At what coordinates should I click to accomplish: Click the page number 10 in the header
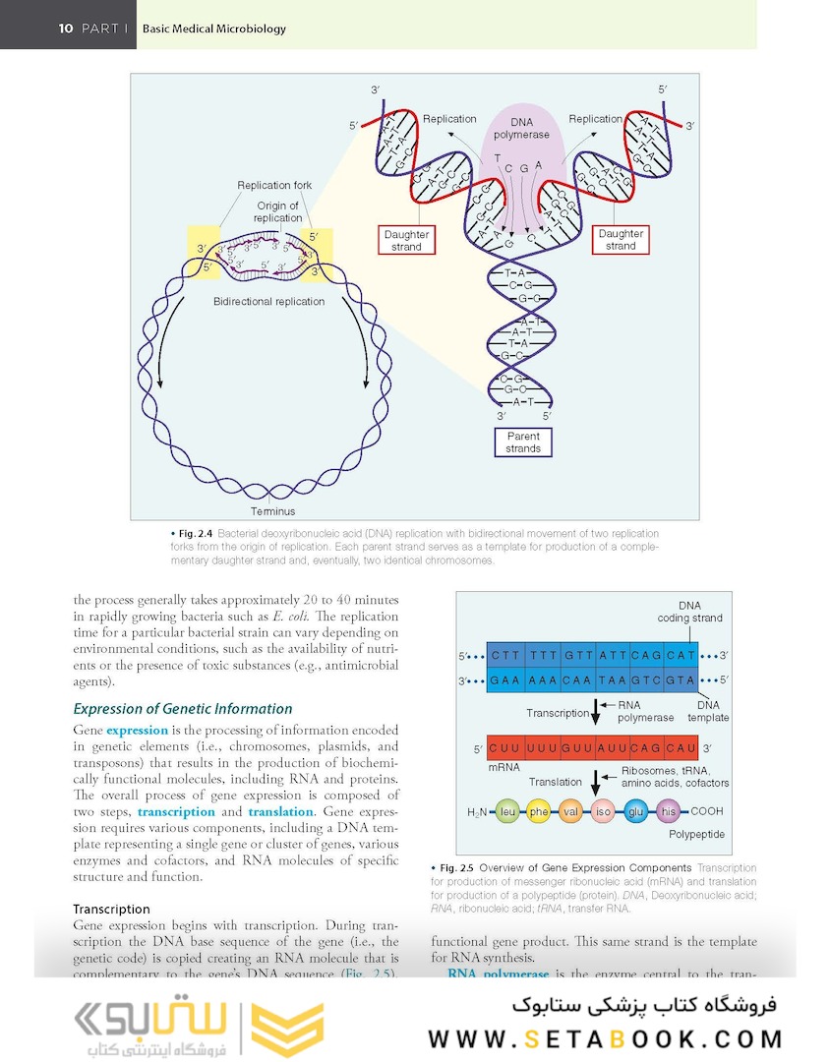[x=65, y=29]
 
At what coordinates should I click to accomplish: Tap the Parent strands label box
[x=523, y=442]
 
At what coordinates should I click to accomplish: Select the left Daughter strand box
[x=406, y=240]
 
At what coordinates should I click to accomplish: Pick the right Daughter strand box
[x=621, y=240]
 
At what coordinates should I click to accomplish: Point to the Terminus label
[x=272, y=511]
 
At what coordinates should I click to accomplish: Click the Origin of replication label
[x=278, y=211]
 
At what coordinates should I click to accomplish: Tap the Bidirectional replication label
[x=268, y=301]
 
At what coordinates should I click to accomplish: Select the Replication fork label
[x=274, y=185]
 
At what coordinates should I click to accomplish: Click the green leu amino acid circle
[x=507, y=812]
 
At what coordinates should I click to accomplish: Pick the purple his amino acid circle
[x=669, y=812]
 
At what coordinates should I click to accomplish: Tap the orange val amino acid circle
[x=571, y=812]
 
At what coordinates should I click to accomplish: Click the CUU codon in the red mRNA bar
[x=504, y=748]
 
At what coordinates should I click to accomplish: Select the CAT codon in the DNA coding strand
[x=681, y=655]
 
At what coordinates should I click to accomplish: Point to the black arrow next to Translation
[x=594, y=782]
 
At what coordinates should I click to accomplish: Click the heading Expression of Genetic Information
[x=183, y=708]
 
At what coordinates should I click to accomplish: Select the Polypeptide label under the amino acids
[x=696, y=834]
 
